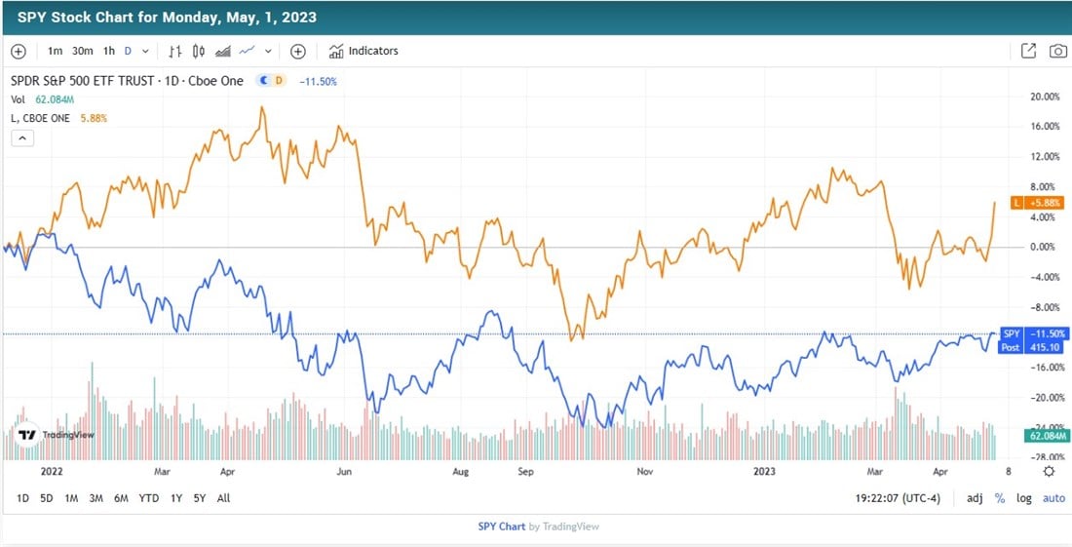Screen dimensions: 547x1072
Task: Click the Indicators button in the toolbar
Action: (x=364, y=51)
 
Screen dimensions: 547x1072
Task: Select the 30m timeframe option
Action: (x=82, y=51)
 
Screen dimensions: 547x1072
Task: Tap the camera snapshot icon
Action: (x=1057, y=51)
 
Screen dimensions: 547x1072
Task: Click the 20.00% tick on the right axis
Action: (x=1044, y=97)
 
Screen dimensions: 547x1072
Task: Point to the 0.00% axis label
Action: (x=1044, y=247)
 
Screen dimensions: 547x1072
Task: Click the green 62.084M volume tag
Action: (x=1049, y=436)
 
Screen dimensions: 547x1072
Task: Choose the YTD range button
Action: (x=149, y=498)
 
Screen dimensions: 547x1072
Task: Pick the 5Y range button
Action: (x=199, y=498)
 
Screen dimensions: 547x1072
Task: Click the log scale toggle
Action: (x=1023, y=498)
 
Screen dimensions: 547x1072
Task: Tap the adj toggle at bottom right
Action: (x=975, y=498)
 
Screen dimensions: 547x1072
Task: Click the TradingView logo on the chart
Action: (x=56, y=435)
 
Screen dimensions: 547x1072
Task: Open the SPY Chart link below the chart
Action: (x=501, y=527)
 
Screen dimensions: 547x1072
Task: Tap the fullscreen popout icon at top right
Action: (x=1028, y=51)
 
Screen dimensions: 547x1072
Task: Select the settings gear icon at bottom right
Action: (x=1049, y=472)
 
